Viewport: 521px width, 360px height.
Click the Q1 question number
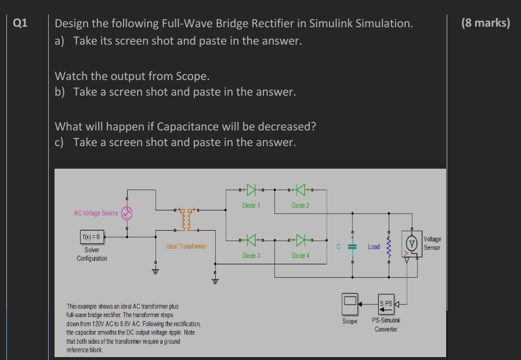[20, 23]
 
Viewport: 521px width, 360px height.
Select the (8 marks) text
[486, 23]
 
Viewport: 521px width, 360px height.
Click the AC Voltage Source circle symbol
[127, 213]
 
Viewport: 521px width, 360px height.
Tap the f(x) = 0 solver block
[92, 237]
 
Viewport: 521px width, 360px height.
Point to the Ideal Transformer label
[186, 246]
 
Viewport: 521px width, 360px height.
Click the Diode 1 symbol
[251, 189]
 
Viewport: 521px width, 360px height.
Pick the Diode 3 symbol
[251, 239]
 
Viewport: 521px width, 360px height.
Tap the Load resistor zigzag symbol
[388, 246]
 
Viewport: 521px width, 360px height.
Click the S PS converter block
[386, 303]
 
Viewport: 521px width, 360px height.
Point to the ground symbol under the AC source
[155, 270]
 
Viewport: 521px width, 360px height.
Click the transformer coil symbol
[186, 219]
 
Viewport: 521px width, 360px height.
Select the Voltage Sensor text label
[432, 243]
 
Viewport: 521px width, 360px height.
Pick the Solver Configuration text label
[92, 254]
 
